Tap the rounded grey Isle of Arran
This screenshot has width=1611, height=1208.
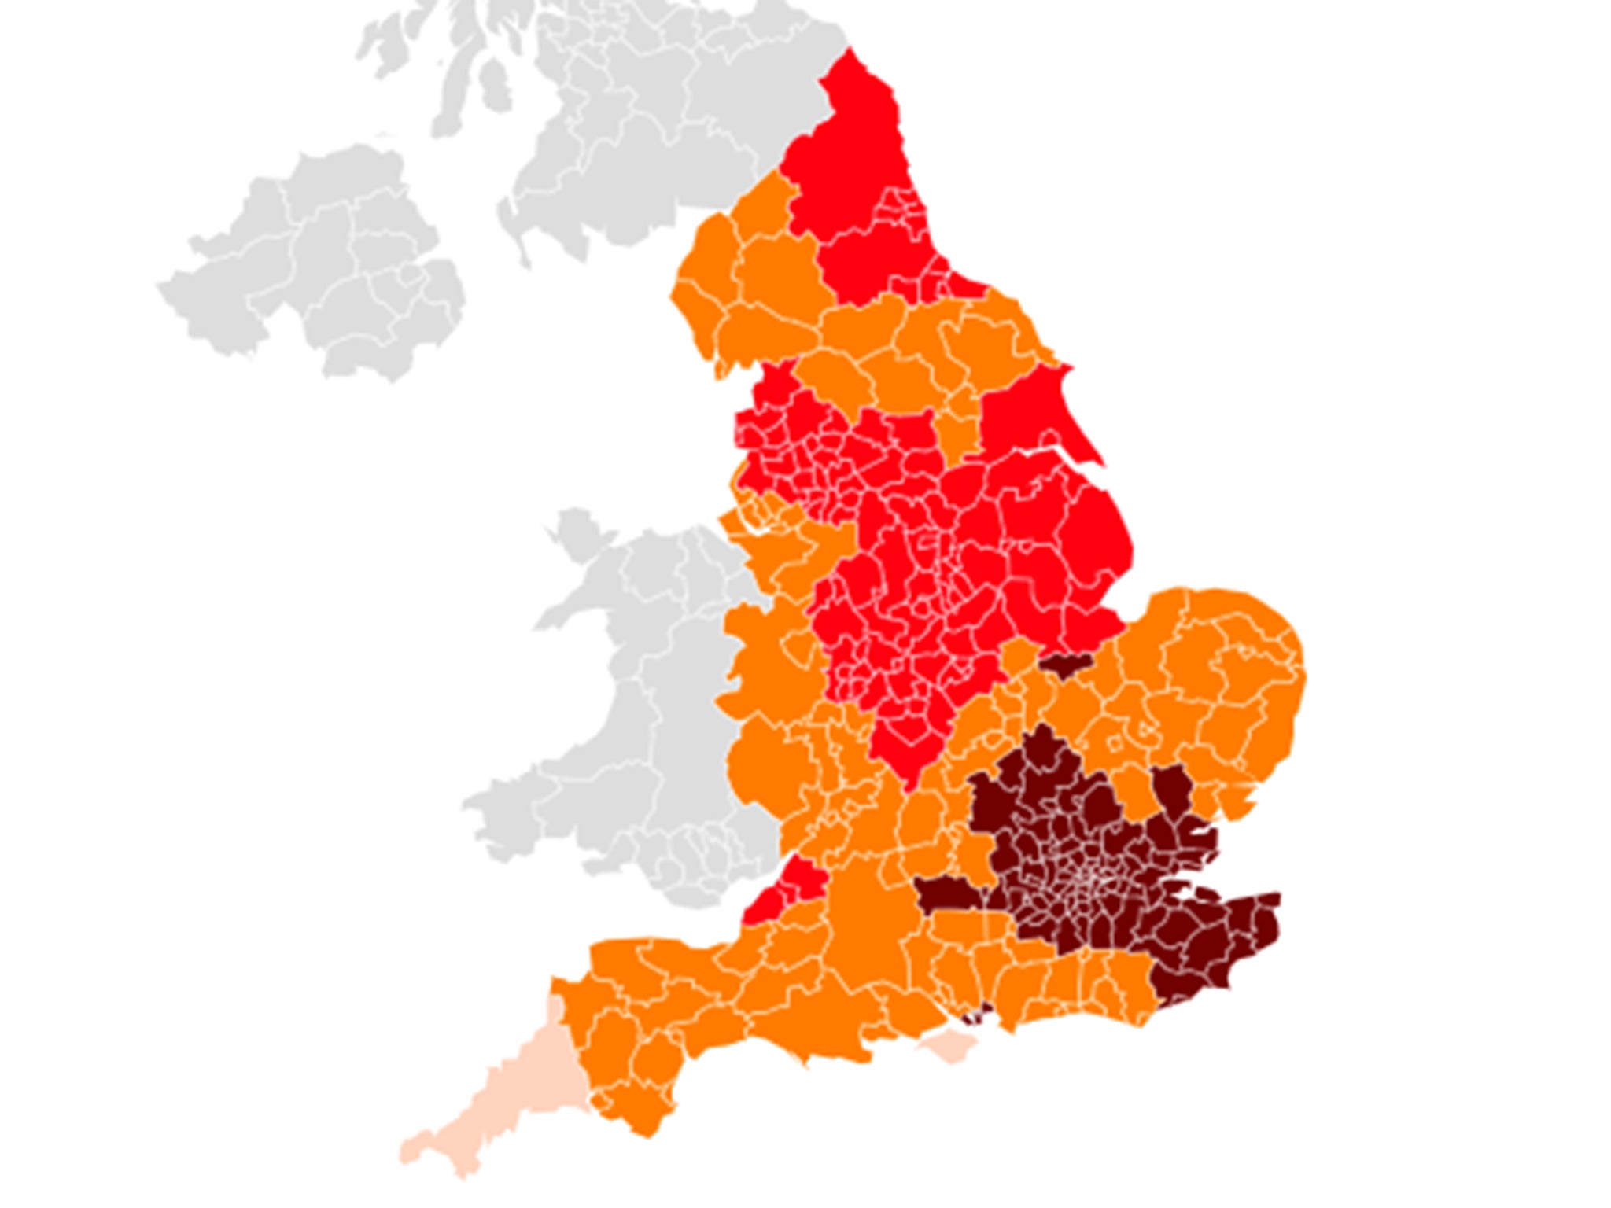tap(492, 87)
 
